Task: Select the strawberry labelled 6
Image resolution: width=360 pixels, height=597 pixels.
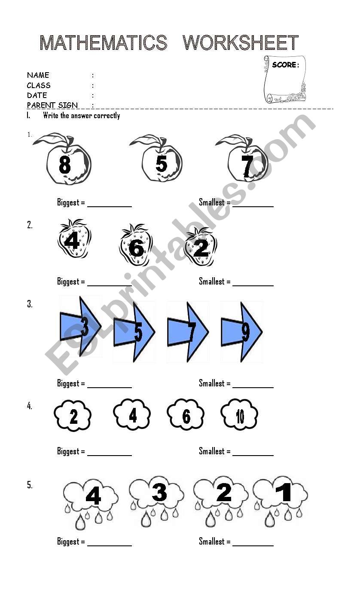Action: [136, 245]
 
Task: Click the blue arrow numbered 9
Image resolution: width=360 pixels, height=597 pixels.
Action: [241, 332]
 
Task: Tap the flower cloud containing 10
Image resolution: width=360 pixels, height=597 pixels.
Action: [239, 414]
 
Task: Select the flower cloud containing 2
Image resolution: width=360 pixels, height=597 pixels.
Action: [73, 416]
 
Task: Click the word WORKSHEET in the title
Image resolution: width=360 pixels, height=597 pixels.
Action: [241, 43]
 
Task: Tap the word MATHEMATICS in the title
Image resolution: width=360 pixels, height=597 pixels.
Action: [104, 43]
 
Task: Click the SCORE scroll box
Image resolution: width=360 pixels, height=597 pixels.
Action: [285, 80]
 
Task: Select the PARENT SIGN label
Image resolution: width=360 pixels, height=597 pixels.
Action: [52, 105]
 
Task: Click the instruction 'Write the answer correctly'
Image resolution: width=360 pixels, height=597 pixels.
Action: [82, 115]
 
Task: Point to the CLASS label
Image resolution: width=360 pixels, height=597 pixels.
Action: [39, 85]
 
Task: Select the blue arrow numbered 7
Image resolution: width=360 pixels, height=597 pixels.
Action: [188, 332]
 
